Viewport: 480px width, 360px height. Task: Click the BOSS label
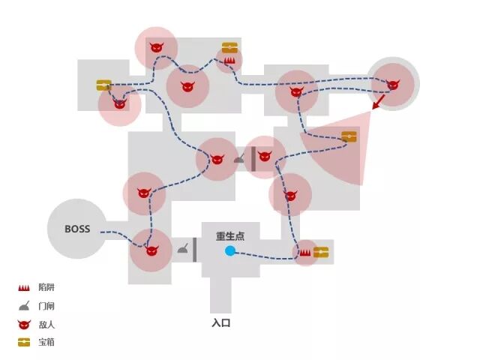click(x=77, y=229)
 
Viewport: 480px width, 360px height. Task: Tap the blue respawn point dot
click(x=230, y=251)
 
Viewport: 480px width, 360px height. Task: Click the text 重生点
click(x=231, y=236)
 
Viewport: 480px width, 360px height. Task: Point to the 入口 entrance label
click(x=220, y=323)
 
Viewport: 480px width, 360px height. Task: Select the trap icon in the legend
click(x=24, y=287)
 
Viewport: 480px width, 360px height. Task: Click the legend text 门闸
click(x=46, y=306)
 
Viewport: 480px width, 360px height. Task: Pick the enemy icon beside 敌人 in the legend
click(x=24, y=324)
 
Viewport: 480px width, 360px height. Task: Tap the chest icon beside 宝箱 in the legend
click(x=24, y=342)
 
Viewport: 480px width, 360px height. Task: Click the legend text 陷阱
click(x=46, y=287)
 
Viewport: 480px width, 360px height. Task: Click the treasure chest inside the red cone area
click(x=349, y=136)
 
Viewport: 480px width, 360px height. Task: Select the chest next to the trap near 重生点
click(x=322, y=252)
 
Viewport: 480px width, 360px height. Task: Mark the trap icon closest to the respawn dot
click(x=305, y=253)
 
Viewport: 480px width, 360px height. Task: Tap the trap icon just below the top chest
click(x=229, y=59)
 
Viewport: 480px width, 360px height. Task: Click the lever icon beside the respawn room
click(x=182, y=248)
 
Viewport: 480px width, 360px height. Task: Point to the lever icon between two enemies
click(x=240, y=158)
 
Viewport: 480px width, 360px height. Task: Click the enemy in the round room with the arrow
click(x=392, y=84)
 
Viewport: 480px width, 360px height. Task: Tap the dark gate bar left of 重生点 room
click(x=195, y=250)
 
